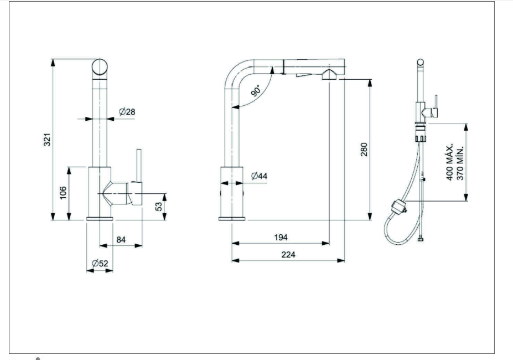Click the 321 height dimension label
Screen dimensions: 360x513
[48, 140]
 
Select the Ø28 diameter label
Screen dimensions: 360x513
[127, 112]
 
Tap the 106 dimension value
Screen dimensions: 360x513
[64, 192]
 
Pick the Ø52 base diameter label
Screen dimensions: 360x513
[100, 264]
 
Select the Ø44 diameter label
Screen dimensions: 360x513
[259, 176]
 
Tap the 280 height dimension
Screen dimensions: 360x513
[364, 150]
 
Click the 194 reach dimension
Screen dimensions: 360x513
[281, 237]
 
